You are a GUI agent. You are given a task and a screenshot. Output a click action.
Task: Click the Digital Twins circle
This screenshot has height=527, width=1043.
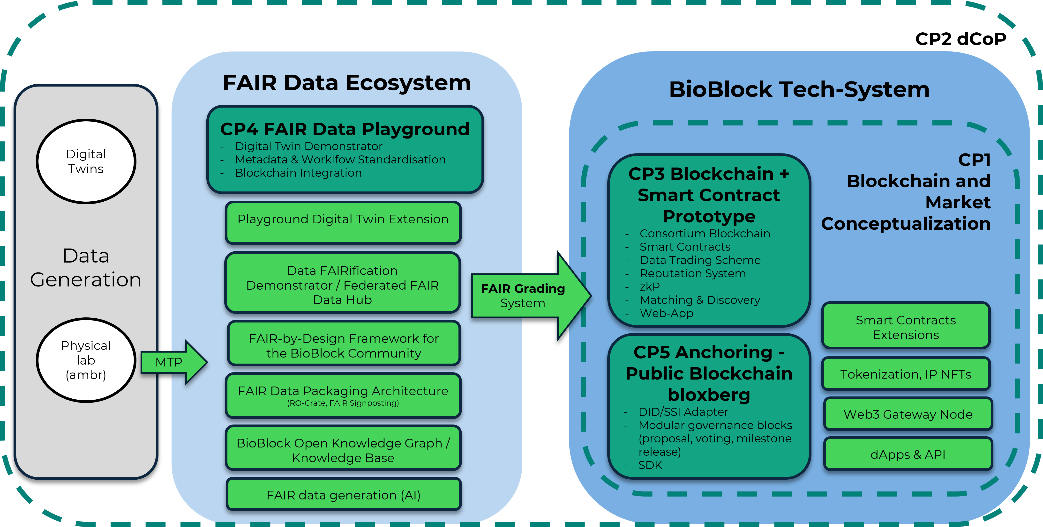[86, 161]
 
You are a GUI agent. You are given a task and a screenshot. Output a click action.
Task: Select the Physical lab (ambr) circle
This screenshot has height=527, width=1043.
[86, 360]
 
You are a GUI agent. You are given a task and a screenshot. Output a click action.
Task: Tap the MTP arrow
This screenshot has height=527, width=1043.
[174, 362]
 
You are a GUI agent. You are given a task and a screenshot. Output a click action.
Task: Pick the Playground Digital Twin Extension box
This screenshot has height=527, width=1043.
[343, 222]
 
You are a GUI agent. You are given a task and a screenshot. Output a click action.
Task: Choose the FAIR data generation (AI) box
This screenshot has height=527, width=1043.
[343, 494]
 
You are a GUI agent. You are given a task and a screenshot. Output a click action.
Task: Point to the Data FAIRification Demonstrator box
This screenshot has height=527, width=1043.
[343, 282]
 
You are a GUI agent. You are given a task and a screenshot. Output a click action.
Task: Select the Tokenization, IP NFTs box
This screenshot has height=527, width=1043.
[906, 374]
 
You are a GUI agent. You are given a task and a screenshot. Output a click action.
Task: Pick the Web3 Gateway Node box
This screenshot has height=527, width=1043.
[908, 414]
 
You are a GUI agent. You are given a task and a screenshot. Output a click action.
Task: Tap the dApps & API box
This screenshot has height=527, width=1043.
[908, 454]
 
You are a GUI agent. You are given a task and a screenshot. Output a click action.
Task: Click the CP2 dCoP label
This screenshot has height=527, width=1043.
[960, 39]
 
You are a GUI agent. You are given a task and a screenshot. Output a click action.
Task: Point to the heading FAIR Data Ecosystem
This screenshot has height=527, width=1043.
[347, 83]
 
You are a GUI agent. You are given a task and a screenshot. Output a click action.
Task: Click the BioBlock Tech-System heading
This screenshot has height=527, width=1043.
[799, 89]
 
